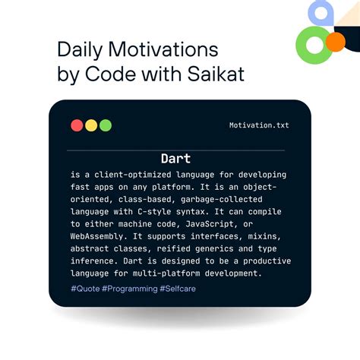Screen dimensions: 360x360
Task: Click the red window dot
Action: click(77, 125)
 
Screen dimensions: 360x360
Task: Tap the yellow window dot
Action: click(91, 125)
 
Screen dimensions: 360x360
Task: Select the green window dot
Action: click(106, 125)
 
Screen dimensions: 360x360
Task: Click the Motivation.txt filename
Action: click(259, 125)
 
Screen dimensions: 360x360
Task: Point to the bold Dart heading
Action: click(175, 159)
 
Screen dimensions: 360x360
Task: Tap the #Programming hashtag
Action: click(127, 289)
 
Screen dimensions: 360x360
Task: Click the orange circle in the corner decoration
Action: click(334, 41)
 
